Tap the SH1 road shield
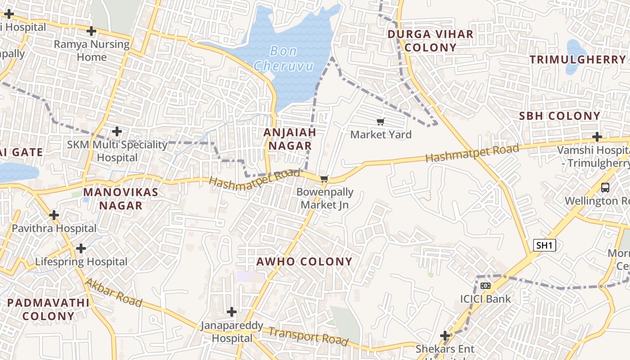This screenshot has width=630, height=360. pos(544,245)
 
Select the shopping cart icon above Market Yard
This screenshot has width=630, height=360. pos(381,121)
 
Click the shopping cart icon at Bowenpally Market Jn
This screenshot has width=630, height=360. pos(324,179)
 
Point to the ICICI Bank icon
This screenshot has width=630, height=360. pos(485,286)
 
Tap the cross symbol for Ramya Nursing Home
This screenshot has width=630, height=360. pos(91,31)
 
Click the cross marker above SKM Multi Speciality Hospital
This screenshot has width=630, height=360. pos(117,131)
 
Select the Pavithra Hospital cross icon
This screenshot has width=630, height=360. pos(54,215)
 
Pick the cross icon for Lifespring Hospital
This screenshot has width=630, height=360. pos(81,248)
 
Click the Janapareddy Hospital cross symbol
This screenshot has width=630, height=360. pos(232,311)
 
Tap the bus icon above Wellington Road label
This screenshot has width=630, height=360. pos(605,187)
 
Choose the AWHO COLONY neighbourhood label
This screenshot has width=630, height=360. pos(304,261)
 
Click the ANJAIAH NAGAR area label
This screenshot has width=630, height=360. pos(289,139)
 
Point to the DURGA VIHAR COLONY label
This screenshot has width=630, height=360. pos(430,40)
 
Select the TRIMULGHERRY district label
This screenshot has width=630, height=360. pos(578,59)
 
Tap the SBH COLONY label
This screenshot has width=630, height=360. pos(560,116)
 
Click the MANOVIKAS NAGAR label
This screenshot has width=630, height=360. pos(121,199)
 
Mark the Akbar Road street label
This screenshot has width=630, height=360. pos(113,292)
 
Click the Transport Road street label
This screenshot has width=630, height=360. pos(309,336)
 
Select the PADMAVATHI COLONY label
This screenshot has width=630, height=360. pos(48,309)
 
